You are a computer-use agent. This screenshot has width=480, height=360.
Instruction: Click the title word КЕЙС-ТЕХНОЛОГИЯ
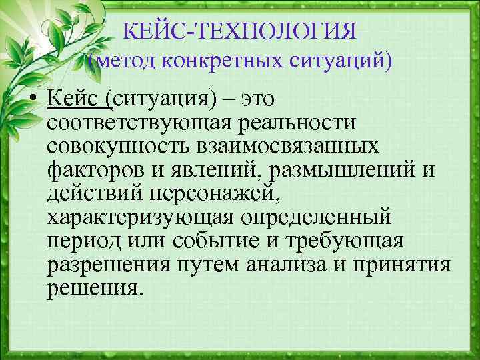[x=241, y=31]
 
